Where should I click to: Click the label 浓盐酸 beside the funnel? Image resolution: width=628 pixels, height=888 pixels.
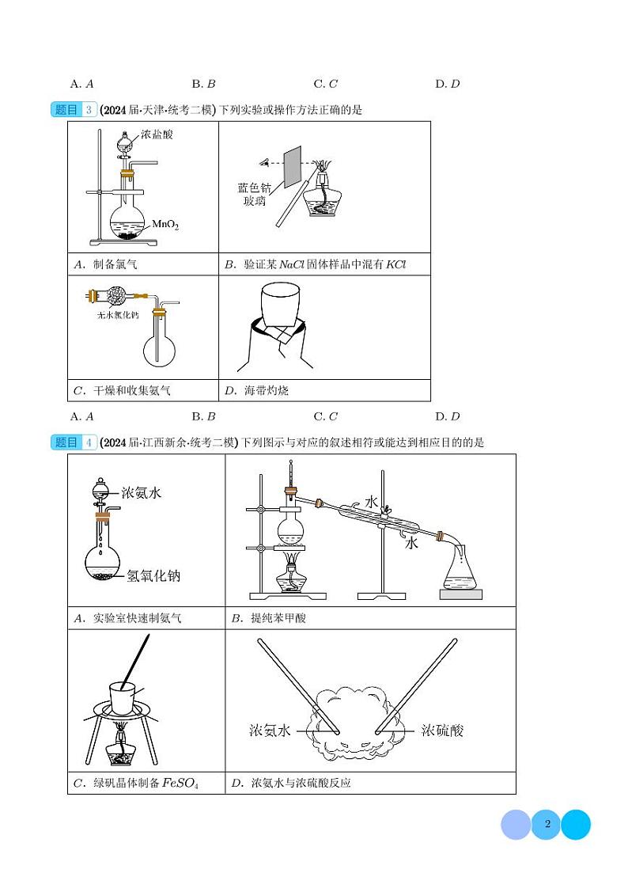157,135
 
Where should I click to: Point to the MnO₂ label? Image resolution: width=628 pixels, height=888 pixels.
165,226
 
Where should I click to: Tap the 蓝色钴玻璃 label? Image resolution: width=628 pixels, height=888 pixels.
255,194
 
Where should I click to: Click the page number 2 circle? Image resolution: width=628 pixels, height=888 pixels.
546,825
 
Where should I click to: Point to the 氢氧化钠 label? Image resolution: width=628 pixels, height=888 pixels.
153,575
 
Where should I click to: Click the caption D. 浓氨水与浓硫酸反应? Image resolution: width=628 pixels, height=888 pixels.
290,784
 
